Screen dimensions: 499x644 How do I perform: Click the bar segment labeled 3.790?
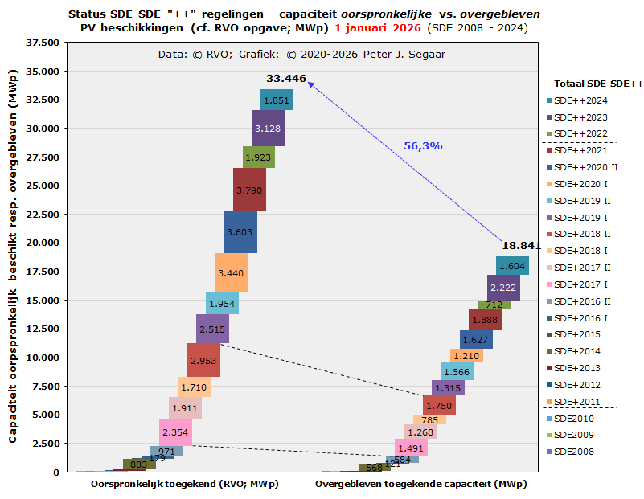tap(249, 190)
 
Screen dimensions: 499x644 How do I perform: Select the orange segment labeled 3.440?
tap(231, 273)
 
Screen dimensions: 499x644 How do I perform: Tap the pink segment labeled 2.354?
tap(175, 432)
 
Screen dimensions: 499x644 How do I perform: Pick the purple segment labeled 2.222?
tap(503, 288)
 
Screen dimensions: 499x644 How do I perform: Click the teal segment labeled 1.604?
tap(512, 266)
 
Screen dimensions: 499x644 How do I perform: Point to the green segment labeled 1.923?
tap(259, 157)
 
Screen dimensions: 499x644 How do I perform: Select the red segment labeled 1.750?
tap(439, 406)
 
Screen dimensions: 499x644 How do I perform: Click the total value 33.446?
tap(286, 78)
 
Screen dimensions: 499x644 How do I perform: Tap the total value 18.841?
tap(521, 246)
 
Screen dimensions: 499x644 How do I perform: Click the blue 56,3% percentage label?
tap(423, 146)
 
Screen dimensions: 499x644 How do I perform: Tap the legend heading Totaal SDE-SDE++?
tap(599, 84)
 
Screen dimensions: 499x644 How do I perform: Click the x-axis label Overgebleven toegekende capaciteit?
tap(420, 484)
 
